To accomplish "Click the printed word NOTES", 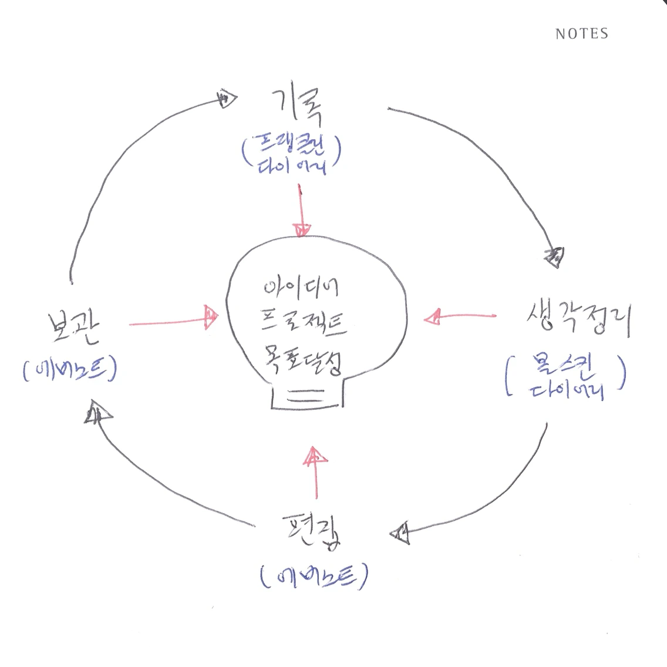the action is click(581, 34).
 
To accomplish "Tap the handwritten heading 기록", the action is click(297, 106).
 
